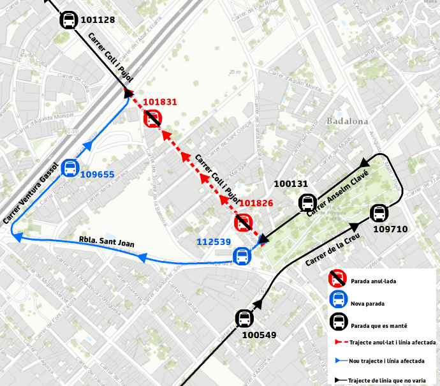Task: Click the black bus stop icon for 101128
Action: click(69, 20)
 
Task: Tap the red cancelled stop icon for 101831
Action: click(152, 119)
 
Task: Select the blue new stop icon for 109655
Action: click(70, 168)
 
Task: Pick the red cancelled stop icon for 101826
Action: click(243, 223)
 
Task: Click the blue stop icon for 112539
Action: click(242, 256)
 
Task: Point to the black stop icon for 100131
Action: click(307, 204)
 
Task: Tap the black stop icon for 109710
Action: click(379, 213)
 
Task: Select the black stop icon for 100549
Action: click(244, 318)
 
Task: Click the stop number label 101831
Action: click(160, 102)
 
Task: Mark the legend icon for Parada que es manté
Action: click(337, 322)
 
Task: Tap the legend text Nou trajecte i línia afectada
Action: click(387, 361)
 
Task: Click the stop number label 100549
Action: click(260, 334)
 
